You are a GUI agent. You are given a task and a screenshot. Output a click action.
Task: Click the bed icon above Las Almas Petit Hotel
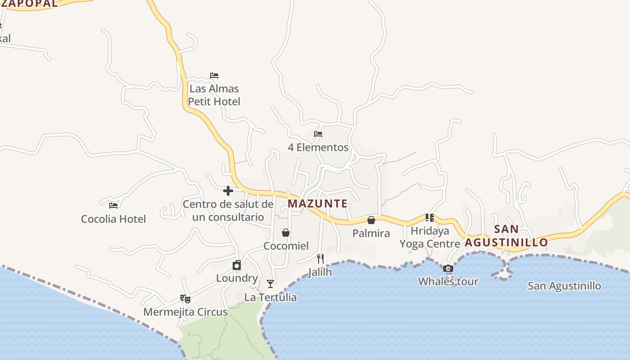pos(214,76)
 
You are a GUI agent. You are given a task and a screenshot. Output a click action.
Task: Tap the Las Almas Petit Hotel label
pos(214,95)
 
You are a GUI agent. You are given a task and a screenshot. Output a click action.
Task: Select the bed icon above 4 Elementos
pos(318,134)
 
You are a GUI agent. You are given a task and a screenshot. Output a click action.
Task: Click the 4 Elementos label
pos(318,148)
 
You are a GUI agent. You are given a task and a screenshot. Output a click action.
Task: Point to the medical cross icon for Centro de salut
pos(228,191)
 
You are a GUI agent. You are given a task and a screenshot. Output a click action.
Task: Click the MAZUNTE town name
pos(318,204)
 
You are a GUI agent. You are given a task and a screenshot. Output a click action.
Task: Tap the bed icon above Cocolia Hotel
pos(113,206)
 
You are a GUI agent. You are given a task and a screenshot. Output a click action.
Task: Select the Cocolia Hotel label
pos(113,219)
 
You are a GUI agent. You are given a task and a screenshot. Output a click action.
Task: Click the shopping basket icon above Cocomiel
pos(286,233)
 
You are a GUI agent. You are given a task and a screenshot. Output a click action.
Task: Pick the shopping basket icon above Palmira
pos(371,220)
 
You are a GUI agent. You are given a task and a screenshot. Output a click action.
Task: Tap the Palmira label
pos(371,234)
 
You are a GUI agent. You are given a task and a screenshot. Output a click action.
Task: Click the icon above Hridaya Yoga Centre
pos(430,218)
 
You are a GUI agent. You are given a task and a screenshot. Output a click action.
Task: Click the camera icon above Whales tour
pos(448,269)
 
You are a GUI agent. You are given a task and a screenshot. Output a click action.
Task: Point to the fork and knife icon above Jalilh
pos(320,258)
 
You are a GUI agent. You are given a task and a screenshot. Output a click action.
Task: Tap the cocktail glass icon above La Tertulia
pos(270,283)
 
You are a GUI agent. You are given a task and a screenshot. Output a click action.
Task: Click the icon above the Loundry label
pos(237,265)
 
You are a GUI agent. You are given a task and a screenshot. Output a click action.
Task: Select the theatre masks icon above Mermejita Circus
pos(185,298)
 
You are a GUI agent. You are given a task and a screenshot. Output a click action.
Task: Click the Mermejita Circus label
pos(185,312)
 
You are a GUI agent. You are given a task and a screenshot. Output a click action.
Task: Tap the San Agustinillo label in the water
pos(564,286)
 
